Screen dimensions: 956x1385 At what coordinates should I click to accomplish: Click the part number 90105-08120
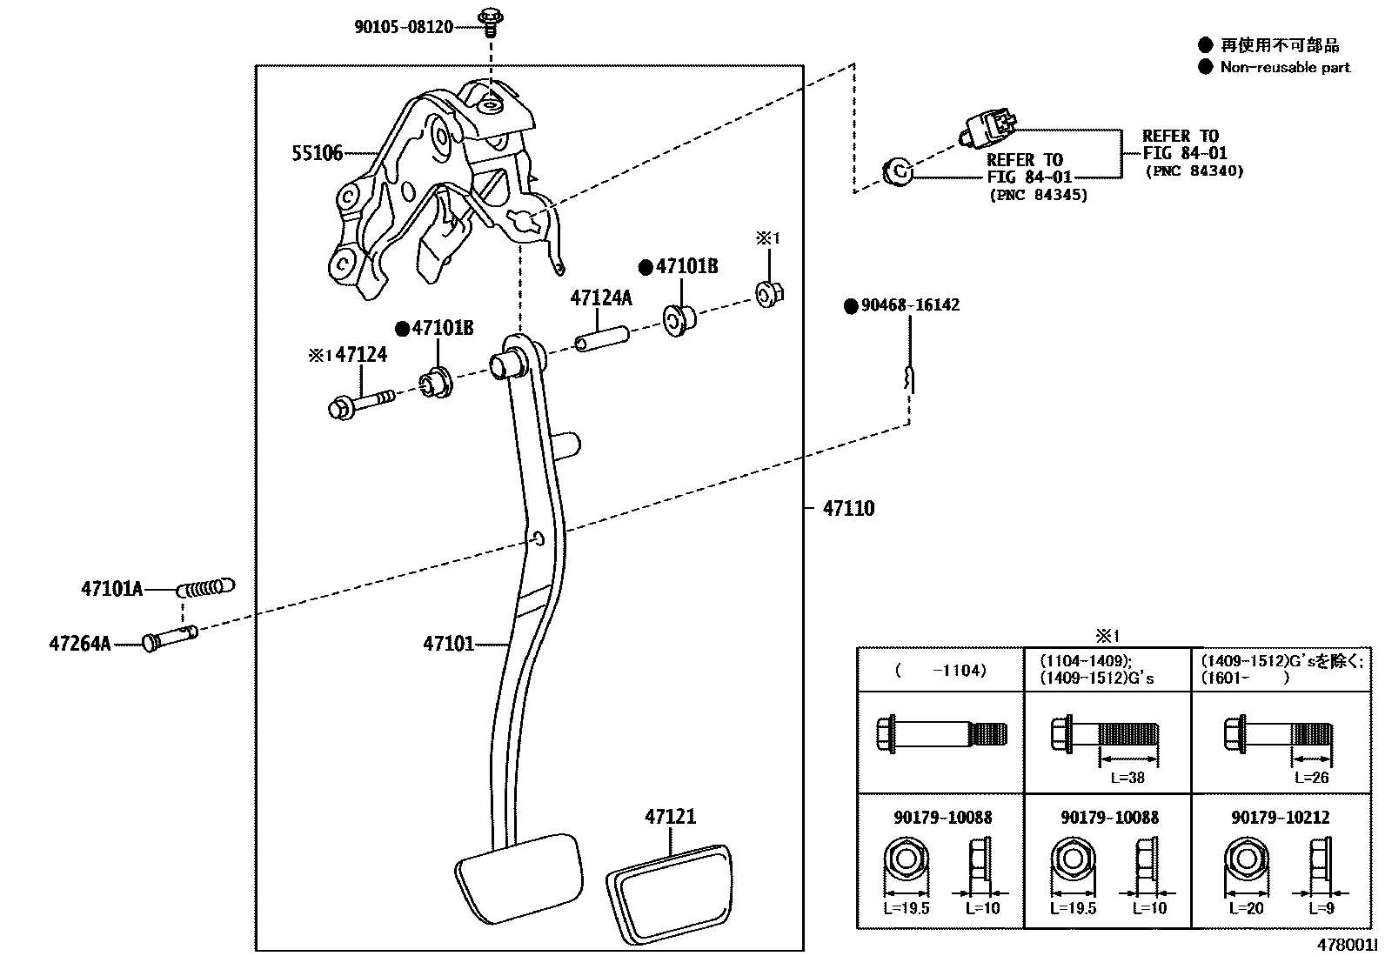[x=403, y=27]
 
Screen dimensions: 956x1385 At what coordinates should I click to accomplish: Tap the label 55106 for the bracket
[x=317, y=154]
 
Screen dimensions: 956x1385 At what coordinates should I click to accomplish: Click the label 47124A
[x=601, y=298]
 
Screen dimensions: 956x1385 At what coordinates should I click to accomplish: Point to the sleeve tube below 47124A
[x=600, y=337]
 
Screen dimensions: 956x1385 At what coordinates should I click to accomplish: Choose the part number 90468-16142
[x=910, y=305]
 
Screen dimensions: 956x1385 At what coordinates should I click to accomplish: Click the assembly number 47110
[x=848, y=508]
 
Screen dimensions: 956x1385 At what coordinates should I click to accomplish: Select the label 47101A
[x=111, y=589]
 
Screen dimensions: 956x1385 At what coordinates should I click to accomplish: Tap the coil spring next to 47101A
[x=205, y=588]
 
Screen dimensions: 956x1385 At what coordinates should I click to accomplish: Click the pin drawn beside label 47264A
[x=170, y=638]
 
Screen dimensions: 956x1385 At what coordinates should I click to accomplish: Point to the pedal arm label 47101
[x=448, y=644]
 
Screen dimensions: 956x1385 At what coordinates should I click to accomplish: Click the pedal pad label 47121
[x=670, y=817]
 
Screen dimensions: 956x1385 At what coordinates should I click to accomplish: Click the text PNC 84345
[x=1039, y=196]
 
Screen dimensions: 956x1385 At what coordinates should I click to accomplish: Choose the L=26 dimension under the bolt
[x=1311, y=778]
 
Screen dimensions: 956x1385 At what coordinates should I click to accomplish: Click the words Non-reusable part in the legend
[x=1285, y=67]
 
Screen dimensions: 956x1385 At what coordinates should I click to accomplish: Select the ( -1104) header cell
[x=940, y=671]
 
